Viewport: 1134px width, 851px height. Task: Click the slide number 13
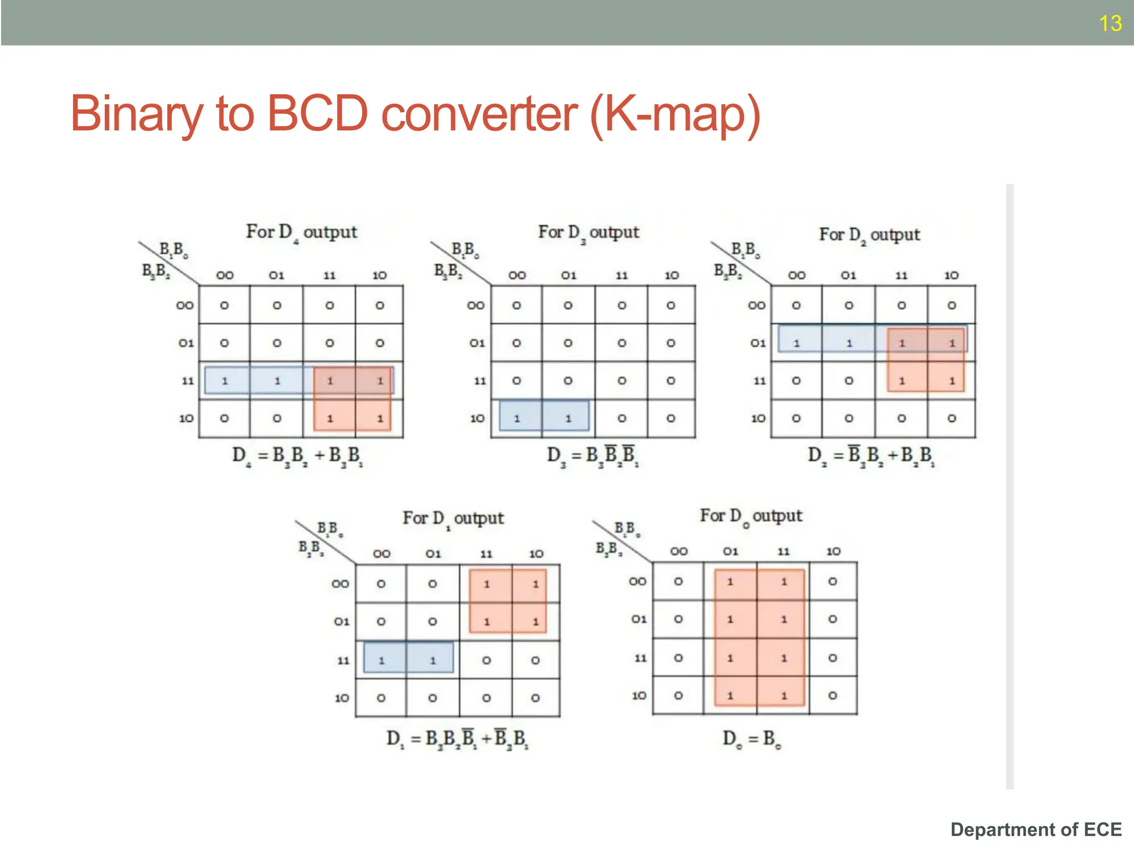click(x=1110, y=23)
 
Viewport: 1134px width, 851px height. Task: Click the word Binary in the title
click(x=136, y=114)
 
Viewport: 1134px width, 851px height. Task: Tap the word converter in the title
click(x=479, y=114)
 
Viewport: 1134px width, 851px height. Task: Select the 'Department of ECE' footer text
click(x=1035, y=829)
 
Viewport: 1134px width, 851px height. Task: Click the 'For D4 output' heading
click(x=301, y=232)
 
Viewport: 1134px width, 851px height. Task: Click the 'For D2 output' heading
click(x=869, y=235)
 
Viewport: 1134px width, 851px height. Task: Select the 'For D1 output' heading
click(x=453, y=519)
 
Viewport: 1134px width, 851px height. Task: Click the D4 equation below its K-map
click(x=297, y=456)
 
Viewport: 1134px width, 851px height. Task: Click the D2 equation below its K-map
click(x=870, y=456)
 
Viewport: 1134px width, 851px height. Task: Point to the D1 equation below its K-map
click(x=457, y=739)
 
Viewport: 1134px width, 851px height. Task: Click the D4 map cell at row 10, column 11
click(x=329, y=419)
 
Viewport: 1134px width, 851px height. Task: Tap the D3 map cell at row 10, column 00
click(x=517, y=419)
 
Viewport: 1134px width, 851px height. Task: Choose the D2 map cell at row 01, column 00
click(x=796, y=344)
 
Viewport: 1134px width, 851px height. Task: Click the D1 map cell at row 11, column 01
click(x=433, y=660)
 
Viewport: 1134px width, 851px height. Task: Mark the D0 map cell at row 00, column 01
click(x=730, y=582)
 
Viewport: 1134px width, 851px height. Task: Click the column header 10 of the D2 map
click(x=951, y=275)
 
